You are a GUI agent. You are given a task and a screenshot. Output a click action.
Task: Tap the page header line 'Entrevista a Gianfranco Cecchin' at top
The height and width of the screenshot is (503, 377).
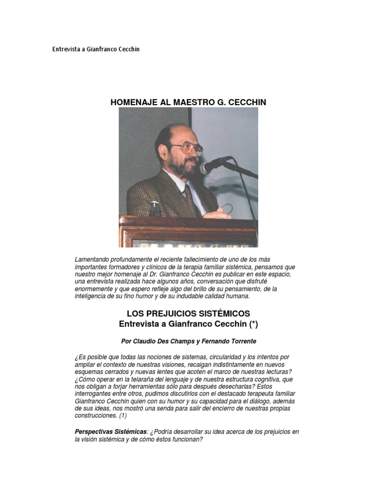click(x=96, y=50)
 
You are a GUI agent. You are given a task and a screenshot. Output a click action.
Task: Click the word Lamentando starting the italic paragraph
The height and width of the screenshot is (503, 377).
click(x=93, y=259)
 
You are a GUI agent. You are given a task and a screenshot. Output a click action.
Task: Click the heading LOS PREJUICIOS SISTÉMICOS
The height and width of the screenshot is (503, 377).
click(x=188, y=313)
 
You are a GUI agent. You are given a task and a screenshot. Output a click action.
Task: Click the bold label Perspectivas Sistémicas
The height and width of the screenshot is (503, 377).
click(x=110, y=432)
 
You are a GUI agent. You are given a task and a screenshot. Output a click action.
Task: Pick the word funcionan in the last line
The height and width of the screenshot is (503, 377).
click(x=184, y=440)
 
